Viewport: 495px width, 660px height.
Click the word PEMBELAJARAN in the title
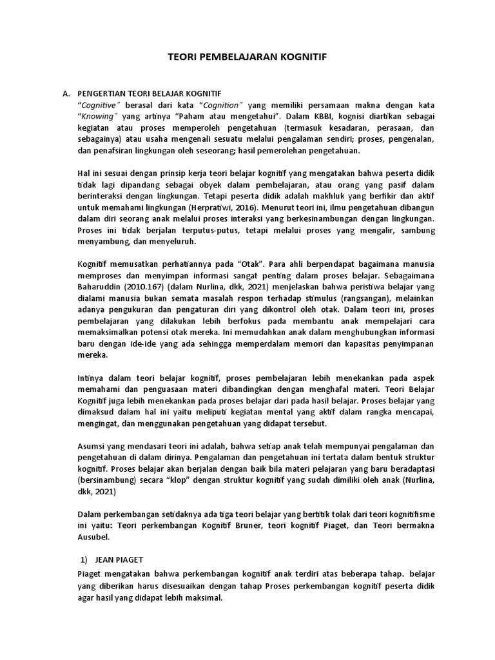pyautogui.click(x=247, y=57)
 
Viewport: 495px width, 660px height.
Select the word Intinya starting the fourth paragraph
pyautogui.click(x=92, y=378)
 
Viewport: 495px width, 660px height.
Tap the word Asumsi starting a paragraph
pyautogui.click(x=93, y=445)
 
